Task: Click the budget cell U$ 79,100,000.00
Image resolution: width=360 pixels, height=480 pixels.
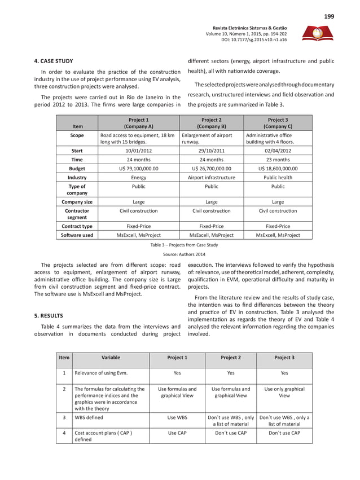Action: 138,168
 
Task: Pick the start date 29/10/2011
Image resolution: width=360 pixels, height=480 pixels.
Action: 211,151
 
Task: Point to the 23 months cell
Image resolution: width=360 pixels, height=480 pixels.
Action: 278,160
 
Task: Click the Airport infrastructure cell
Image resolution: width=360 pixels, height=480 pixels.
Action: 211,177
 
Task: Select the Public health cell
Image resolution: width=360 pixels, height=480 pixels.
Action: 278,177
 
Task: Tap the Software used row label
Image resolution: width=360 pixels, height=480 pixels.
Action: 77,235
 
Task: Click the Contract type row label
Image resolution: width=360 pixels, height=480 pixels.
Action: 77,226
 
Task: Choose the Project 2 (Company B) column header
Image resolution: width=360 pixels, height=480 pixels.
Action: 211,124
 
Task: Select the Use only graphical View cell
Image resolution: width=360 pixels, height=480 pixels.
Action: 284,393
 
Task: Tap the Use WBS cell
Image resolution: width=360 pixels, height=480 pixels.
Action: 177,418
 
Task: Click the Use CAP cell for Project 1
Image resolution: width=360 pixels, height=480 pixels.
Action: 177,435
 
